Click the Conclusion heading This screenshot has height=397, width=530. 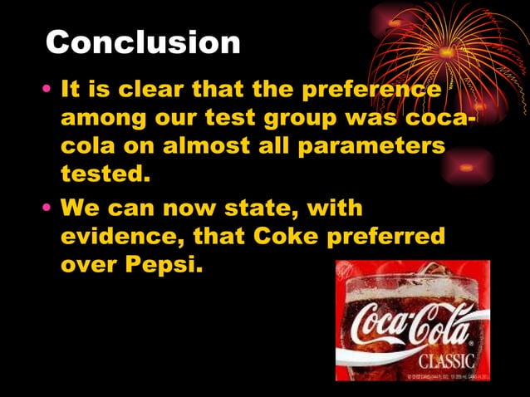(x=143, y=42)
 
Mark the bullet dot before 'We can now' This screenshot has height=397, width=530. (x=50, y=207)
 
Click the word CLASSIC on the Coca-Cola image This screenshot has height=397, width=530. (x=446, y=361)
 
